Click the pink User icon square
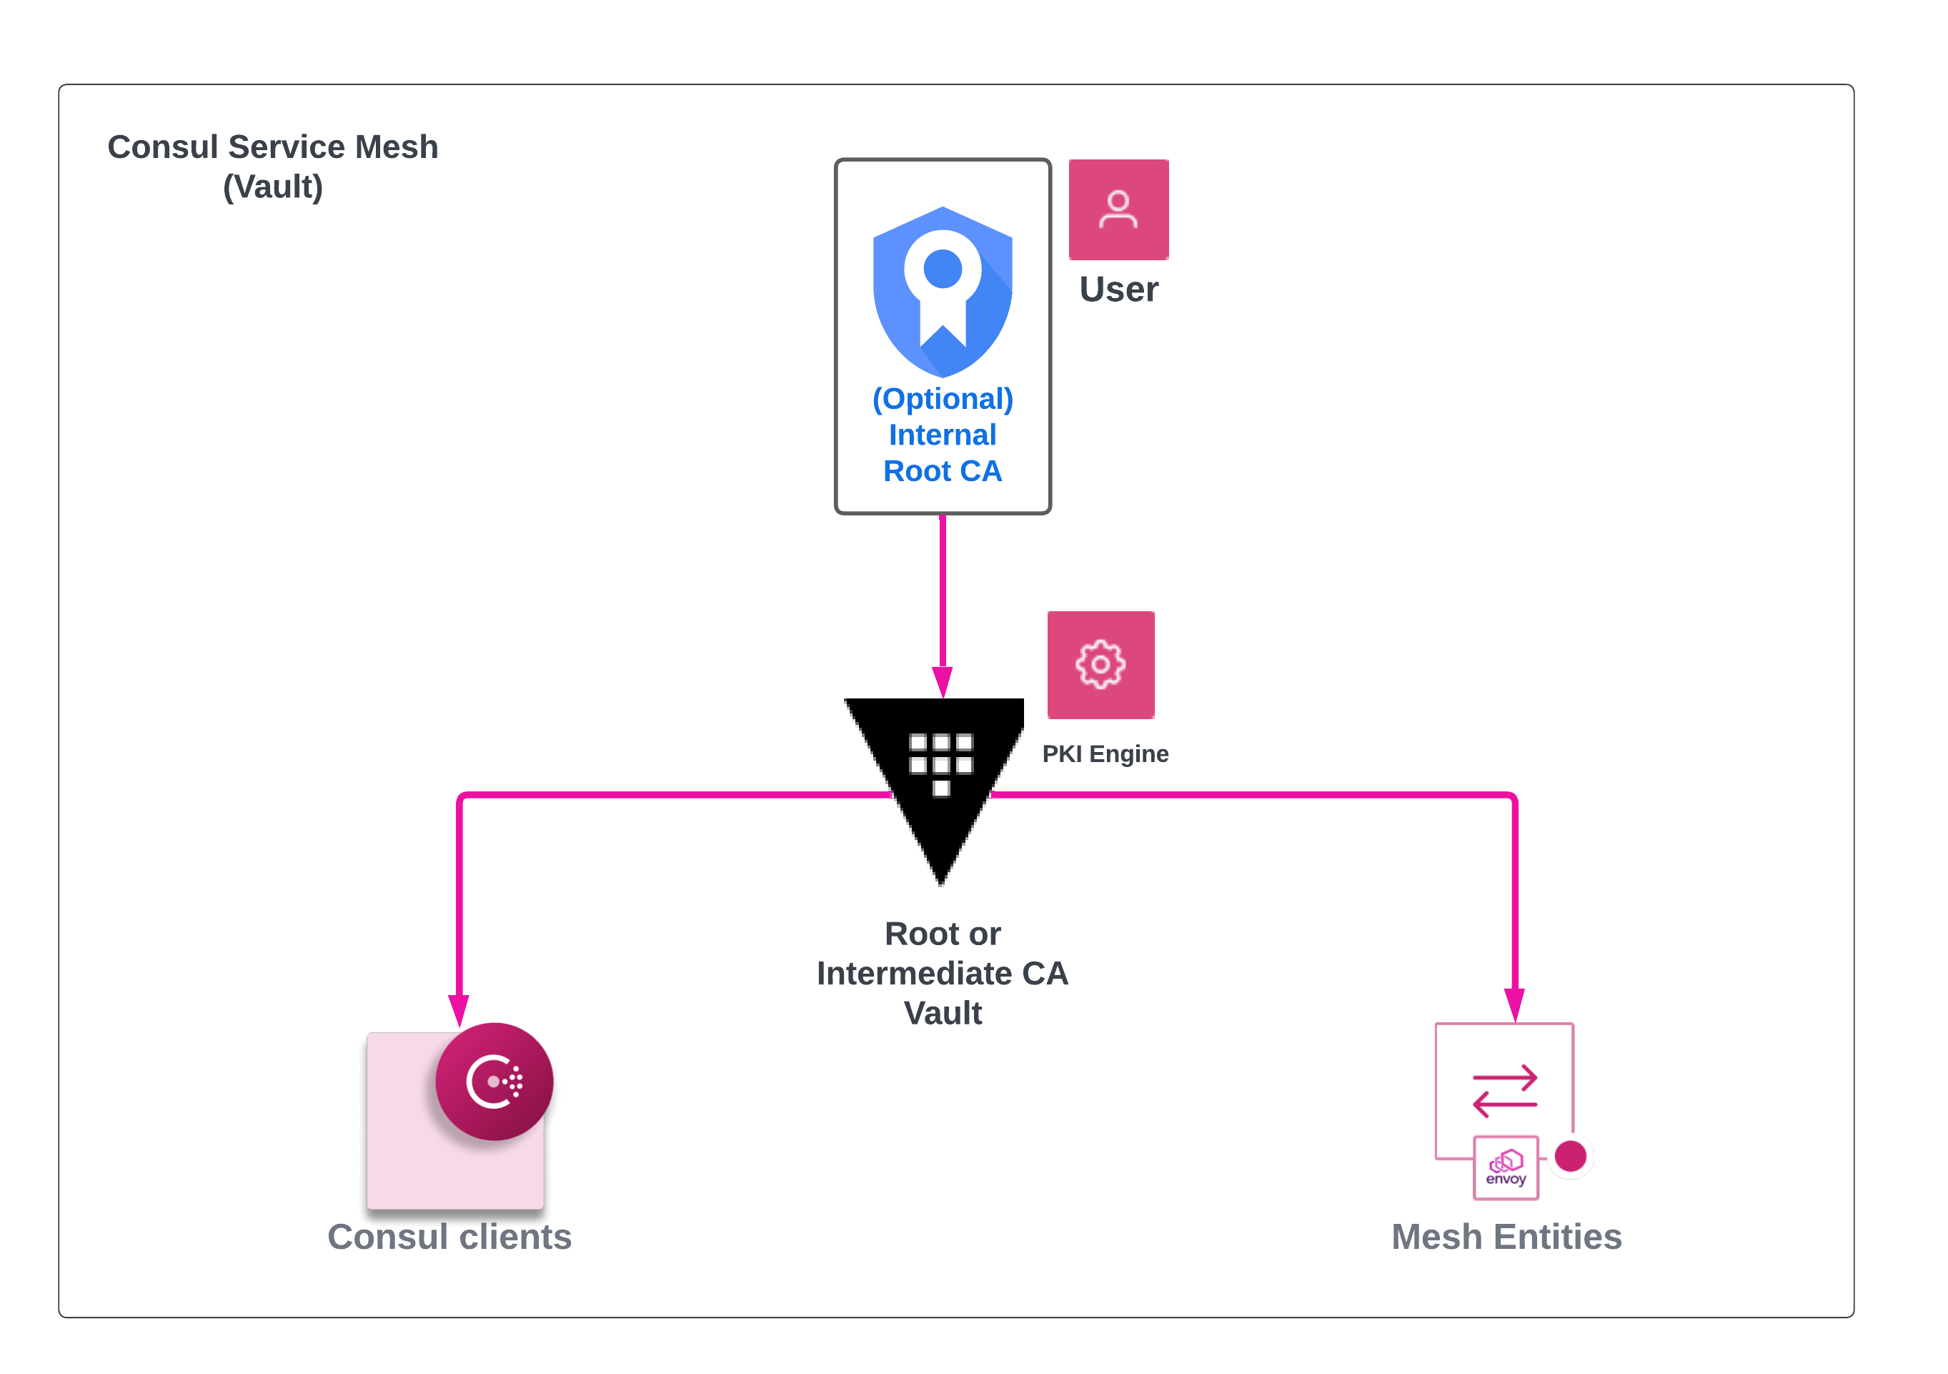(x=1118, y=209)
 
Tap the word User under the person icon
(x=1118, y=290)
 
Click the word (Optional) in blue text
(x=943, y=399)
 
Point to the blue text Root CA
(x=943, y=471)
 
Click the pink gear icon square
(x=1100, y=665)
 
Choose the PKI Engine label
(x=1105, y=753)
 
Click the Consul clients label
(x=449, y=1237)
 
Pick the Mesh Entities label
(x=1506, y=1237)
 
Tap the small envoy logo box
(x=1506, y=1168)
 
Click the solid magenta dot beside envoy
(x=1571, y=1156)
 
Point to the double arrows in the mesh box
(x=1505, y=1090)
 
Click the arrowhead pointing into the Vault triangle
(x=943, y=681)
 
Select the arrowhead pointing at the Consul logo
(x=459, y=1009)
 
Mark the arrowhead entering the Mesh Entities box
(x=1514, y=1005)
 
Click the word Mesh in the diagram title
(x=396, y=147)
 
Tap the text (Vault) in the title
(x=272, y=187)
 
